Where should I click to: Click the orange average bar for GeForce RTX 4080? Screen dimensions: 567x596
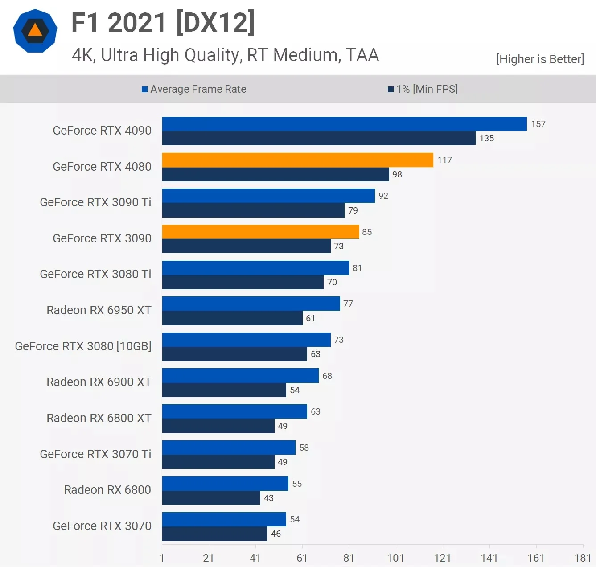click(x=297, y=160)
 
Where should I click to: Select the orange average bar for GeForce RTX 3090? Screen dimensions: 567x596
click(x=260, y=232)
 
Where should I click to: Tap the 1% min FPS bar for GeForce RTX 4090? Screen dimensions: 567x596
click(x=319, y=138)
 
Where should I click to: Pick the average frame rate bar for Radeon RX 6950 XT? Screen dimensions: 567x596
click(x=251, y=304)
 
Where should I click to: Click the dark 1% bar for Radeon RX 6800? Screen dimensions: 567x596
click(x=211, y=498)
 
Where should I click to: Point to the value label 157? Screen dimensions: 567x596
click(x=538, y=124)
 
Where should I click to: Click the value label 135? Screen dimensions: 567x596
click(x=486, y=138)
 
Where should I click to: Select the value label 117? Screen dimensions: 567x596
click(x=444, y=160)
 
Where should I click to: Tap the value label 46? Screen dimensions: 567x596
click(x=276, y=534)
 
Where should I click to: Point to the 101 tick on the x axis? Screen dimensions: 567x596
click(x=395, y=558)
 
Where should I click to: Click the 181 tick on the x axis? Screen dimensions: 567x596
click(x=583, y=558)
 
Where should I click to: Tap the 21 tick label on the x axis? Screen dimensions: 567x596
click(x=208, y=558)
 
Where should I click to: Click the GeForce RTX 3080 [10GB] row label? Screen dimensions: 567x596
click(x=83, y=346)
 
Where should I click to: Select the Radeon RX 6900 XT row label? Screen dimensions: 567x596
click(x=99, y=382)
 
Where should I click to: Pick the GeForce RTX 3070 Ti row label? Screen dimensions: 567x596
click(x=95, y=454)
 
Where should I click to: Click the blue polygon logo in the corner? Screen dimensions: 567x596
click(x=35, y=31)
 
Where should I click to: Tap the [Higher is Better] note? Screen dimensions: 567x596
click(x=540, y=59)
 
